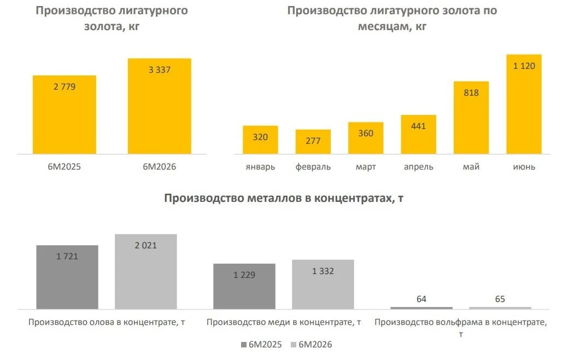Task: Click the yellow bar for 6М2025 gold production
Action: pyautogui.click(x=65, y=115)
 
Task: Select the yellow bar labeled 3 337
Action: pyautogui.click(x=160, y=106)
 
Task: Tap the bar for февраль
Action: pyautogui.click(x=313, y=142)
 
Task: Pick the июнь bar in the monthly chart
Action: pyautogui.click(x=524, y=104)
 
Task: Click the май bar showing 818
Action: pyautogui.click(x=471, y=118)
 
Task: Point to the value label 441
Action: pyautogui.click(x=418, y=126)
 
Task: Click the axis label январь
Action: pyautogui.click(x=260, y=167)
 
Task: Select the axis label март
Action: pyautogui.click(x=366, y=167)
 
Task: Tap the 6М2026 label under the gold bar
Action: pyautogui.click(x=159, y=167)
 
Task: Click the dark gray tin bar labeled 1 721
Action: pyautogui.click(x=67, y=277)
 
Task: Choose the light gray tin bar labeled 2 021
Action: pyautogui.click(x=146, y=272)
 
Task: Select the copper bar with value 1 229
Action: pyautogui.click(x=244, y=286)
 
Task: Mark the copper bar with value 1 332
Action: pyautogui.click(x=323, y=284)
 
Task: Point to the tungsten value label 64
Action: pyautogui.click(x=421, y=299)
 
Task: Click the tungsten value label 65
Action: pyautogui.click(x=500, y=299)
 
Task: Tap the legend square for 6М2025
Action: pyautogui.click(x=244, y=345)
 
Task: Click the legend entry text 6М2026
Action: pyautogui.click(x=315, y=345)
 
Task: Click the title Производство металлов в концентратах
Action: pyautogui.click(x=284, y=198)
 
